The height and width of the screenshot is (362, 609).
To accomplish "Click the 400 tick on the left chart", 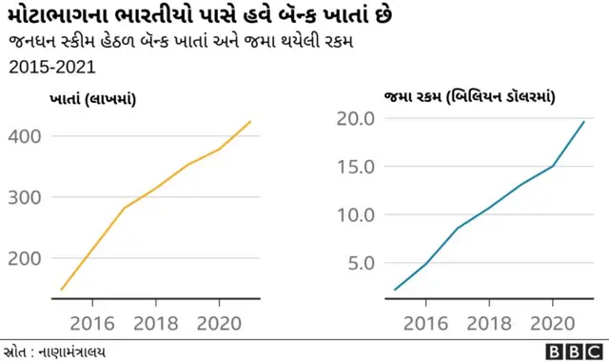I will (26, 136).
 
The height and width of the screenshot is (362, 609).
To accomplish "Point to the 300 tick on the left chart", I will (26, 197).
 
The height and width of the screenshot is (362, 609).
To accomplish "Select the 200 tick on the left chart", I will (26, 258).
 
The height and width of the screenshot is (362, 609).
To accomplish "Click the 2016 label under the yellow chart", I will (93, 320).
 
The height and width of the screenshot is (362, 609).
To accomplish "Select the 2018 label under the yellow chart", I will (157, 320).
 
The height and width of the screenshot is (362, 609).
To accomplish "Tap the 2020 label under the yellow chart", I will (220, 320).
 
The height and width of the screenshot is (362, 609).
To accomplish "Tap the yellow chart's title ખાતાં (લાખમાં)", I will (91, 98).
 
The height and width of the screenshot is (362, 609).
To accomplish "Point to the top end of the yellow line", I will (251, 121).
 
